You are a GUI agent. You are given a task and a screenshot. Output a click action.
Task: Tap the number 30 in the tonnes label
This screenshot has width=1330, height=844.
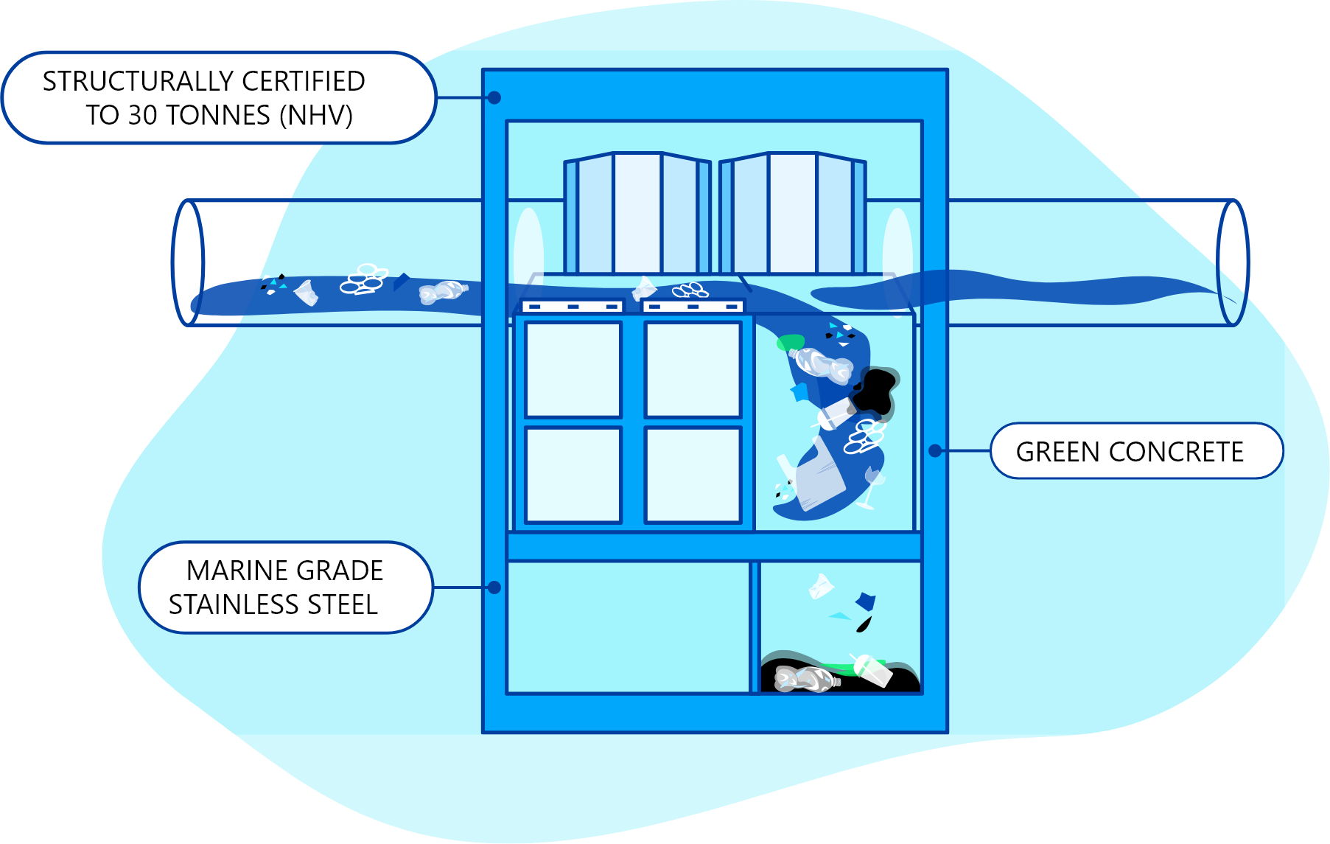point(142,115)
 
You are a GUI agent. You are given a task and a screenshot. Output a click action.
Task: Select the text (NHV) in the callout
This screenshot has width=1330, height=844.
point(315,115)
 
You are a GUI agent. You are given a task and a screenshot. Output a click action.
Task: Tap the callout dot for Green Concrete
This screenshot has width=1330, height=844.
point(935,450)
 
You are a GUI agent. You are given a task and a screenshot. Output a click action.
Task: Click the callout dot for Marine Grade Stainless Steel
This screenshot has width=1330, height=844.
point(494,587)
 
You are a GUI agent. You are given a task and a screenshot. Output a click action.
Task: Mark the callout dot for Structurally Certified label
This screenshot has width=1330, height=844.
point(494,97)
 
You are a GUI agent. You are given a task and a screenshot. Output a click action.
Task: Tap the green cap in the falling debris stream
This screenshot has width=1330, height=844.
point(790,342)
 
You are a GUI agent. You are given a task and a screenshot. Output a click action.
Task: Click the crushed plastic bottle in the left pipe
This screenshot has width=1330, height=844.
point(442,292)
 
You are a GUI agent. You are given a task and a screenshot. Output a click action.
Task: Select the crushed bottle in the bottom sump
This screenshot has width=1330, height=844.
point(805,679)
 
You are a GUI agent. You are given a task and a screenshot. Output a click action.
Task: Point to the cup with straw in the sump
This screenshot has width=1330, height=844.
point(873,670)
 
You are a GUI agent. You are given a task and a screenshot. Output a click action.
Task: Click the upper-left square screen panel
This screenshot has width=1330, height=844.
point(573,369)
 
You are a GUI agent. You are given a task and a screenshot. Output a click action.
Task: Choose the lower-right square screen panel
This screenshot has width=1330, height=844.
point(693,475)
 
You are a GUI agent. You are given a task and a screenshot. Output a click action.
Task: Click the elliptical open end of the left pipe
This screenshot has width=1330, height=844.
point(188,262)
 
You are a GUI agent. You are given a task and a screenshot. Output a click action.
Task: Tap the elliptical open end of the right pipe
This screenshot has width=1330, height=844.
point(1232,262)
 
